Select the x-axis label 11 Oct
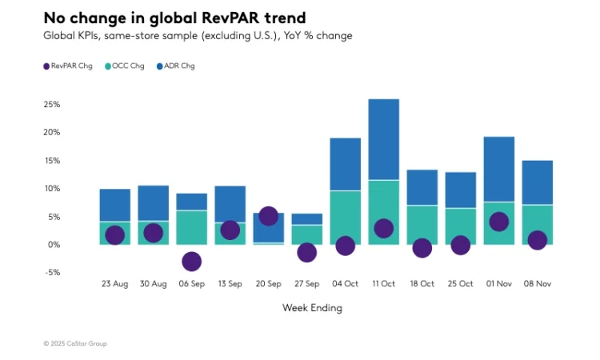tap(383, 284)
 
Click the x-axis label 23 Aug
tap(114, 284)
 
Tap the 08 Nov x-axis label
tap(537, 284)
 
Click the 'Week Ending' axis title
tap(312, 308)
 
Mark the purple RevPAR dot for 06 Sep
tap(191, 262)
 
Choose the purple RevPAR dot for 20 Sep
tap(268, 216)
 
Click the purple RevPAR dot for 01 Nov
tap(498, 222)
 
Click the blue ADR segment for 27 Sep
tap(306, 218)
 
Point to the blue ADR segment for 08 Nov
tap(537, 182)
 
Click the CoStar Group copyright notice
tap(75, 343)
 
